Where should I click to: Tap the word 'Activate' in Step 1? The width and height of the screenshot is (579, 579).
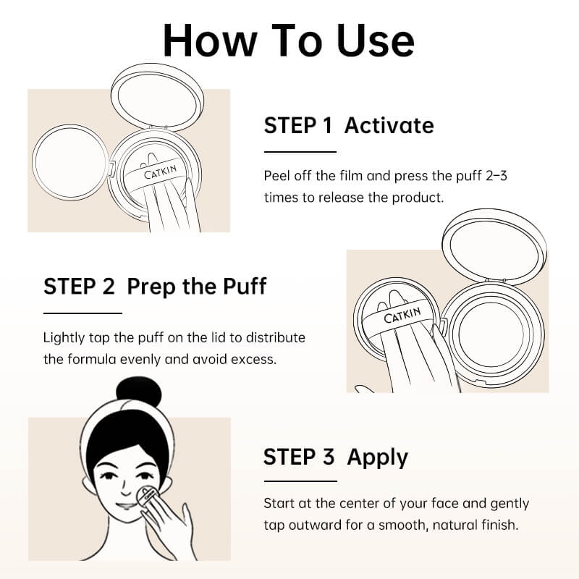(x=389, y=125)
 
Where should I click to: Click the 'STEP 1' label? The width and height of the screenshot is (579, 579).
(x=297, y=125)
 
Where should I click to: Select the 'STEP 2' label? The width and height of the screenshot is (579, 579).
(x=79, y=286)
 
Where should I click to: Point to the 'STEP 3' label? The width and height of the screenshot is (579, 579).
(x=299, y=457)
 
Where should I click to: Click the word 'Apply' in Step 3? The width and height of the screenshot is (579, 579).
(x=377, y=457)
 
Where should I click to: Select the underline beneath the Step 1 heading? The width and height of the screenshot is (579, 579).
(x=300, y=152)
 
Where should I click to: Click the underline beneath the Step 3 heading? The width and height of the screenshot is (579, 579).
(x=300, y=481)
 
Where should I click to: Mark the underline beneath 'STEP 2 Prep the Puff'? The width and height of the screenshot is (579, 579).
(x=83, y=313)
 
